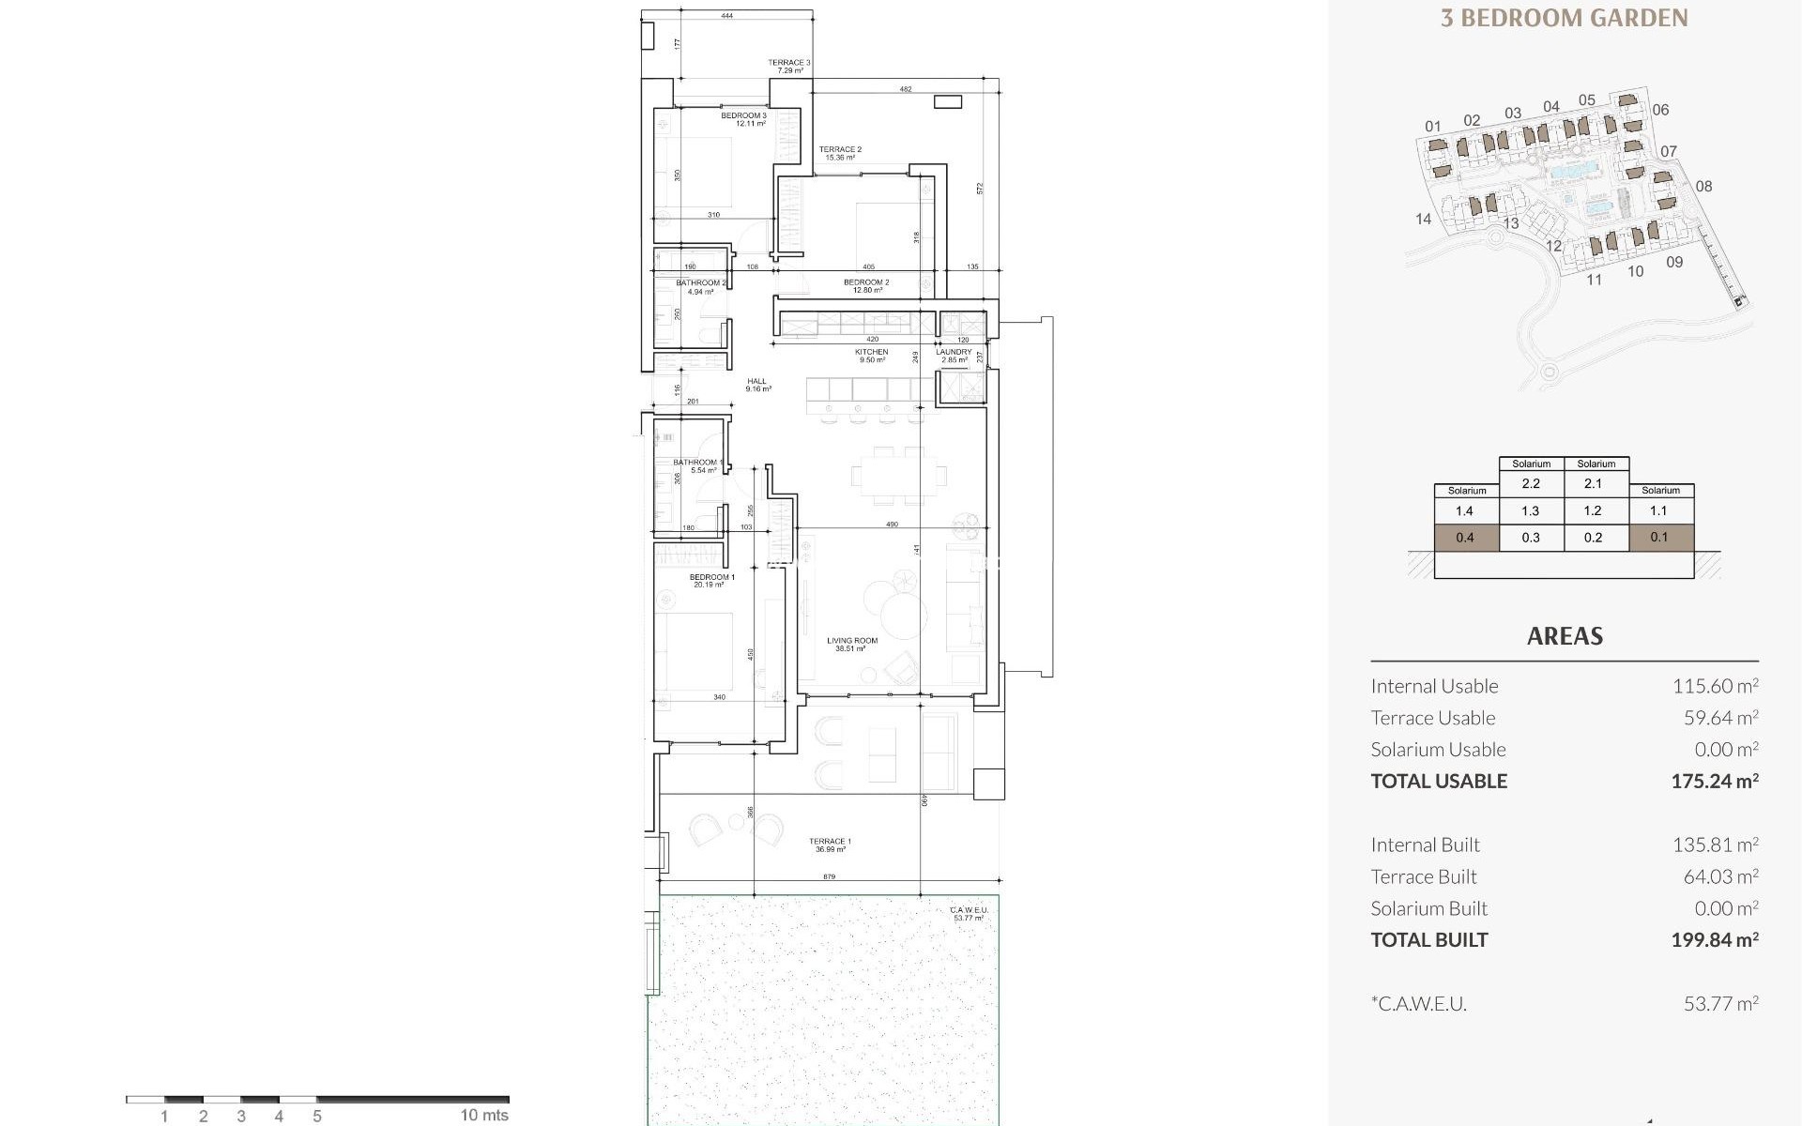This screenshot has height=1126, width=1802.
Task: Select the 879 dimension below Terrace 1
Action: (829, 876)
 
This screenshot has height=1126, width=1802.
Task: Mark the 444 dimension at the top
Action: (727, 16)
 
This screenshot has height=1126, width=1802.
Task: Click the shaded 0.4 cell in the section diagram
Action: (1465, 538)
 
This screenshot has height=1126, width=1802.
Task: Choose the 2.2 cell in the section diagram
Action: (1531, 484)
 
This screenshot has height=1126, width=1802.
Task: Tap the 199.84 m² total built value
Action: (1714, 940)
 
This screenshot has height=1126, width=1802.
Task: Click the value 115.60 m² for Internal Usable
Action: (1714, 686)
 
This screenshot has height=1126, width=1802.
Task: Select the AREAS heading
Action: (1565, 636)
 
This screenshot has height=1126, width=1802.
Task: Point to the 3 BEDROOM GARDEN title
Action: (1564, 18)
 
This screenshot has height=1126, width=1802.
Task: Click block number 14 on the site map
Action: (1423, 219)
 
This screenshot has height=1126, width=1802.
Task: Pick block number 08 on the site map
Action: (1703, 187)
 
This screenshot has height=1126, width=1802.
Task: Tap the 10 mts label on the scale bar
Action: (484, 1115)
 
